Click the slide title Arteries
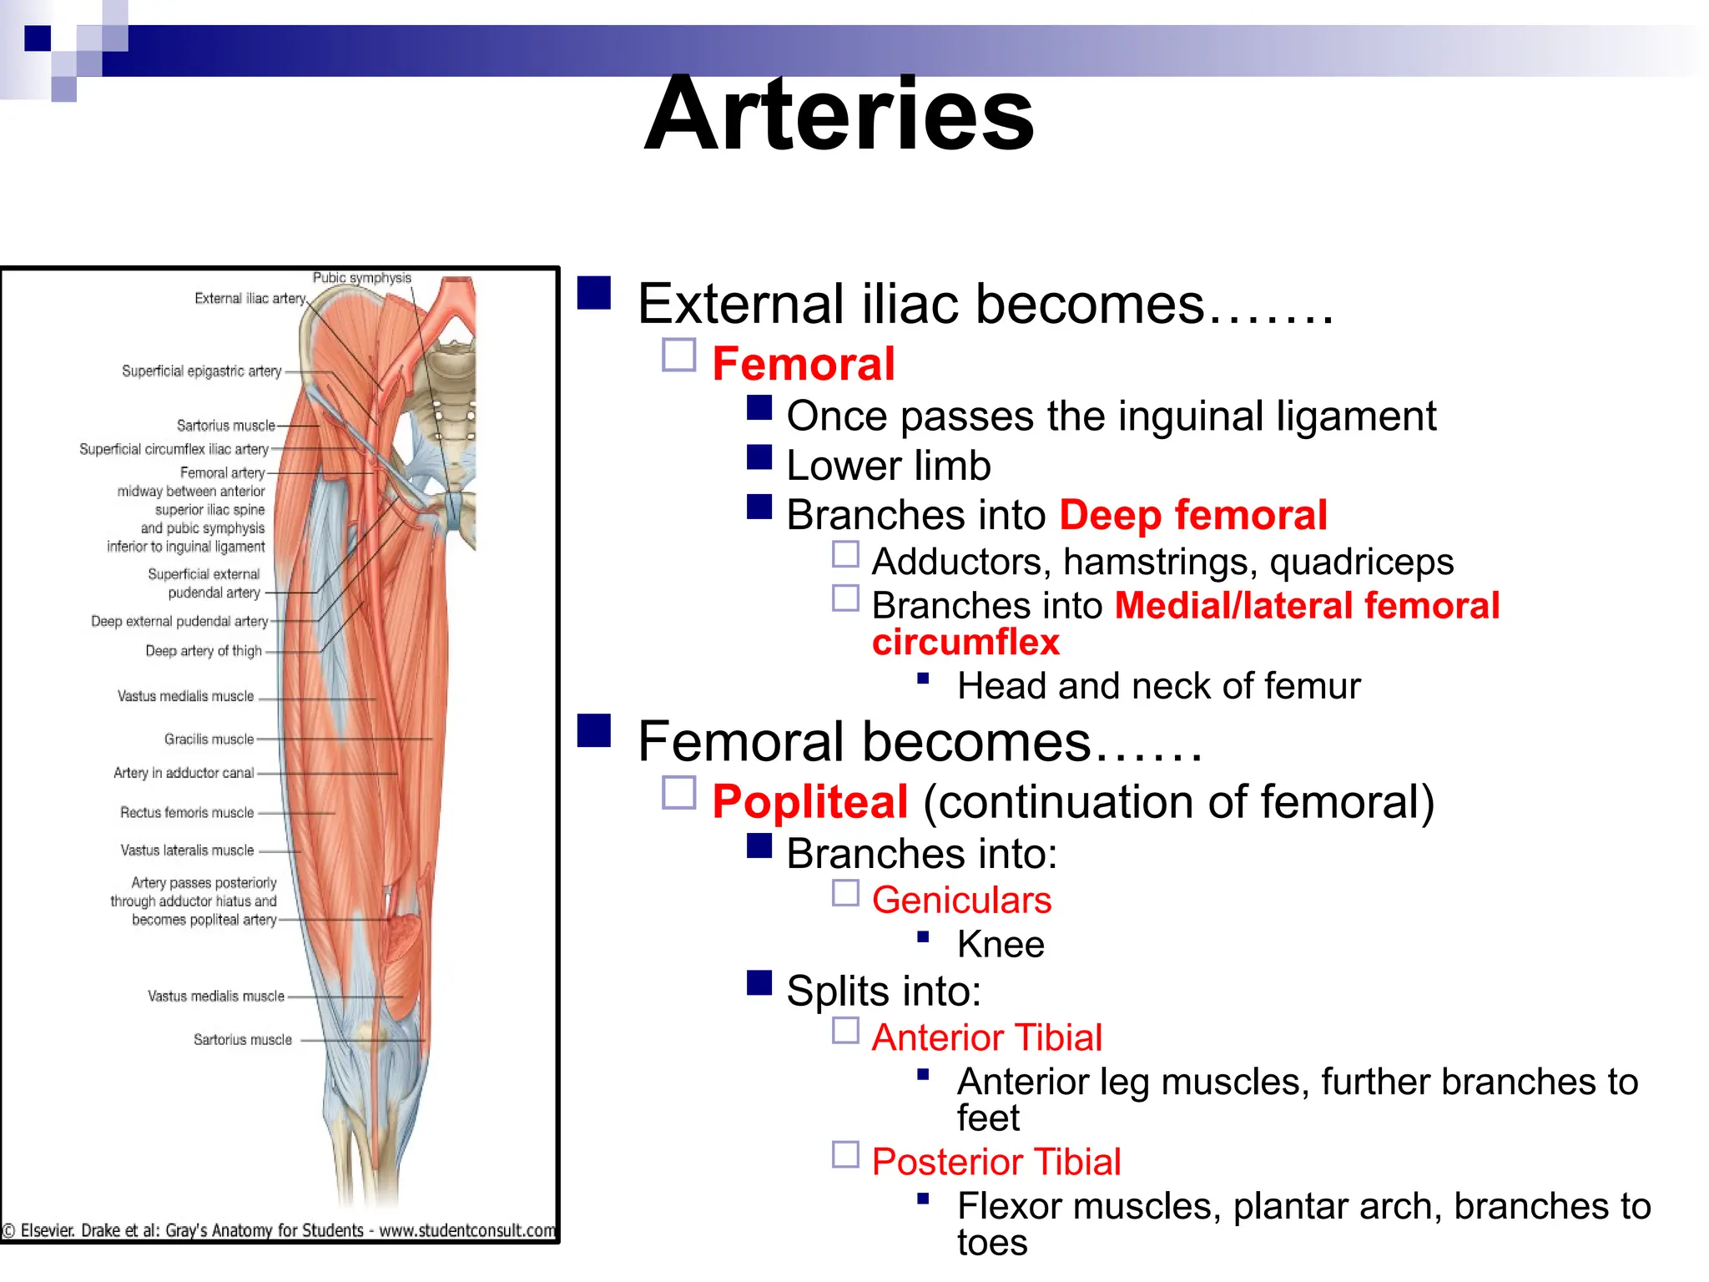coord(839,114)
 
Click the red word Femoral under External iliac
coord(803,364)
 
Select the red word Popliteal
coord(809,802)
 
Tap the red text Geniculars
coord(961,901)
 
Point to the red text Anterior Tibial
coord(986,1037)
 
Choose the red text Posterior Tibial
coord(996,1162)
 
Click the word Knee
coord(1001,945)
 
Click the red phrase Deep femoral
coord(1193,515)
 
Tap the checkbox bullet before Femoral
coord(679,355)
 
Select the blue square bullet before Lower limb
coord(759,457)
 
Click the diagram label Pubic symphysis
coord(361,278)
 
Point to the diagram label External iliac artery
coord(250,299)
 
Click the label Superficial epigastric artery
coord(201,371)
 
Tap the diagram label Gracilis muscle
coord(209,739)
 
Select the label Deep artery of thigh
coord(204,651)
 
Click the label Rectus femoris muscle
coord(187,813)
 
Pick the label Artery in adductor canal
coord(184,773)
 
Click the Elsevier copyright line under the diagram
coord(279,1230)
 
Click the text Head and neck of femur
coord(1158,686)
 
